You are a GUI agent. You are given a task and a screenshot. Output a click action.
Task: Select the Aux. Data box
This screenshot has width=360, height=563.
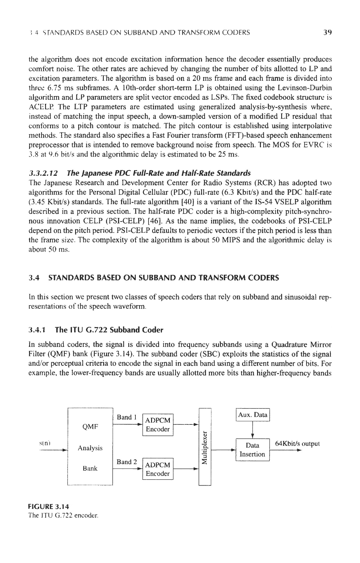point(252,415)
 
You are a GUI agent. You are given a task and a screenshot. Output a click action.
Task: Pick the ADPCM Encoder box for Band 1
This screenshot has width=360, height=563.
point(158,424)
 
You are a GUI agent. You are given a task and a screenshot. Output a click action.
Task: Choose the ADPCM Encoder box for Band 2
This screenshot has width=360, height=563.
point(158,469)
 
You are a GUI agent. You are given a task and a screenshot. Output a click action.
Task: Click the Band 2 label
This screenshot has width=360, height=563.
point(126,462)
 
